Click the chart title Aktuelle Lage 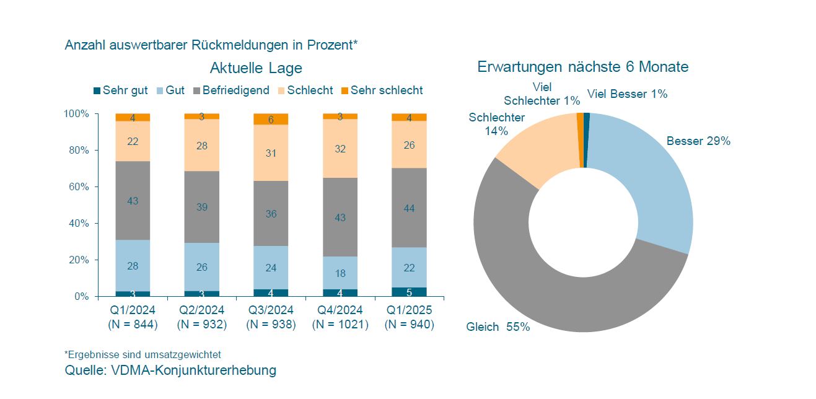pyautogui.click(x=256, y=68)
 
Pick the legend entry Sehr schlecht pyautogui.click(x=382, y=90)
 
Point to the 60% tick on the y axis pyautogui.click(x=77, y=186)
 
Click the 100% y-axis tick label pyautogui.click(x=76, y=114)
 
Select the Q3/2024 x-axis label pyautogui.click(x=271, y=310)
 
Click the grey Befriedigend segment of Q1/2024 pyautogui.click(x=133, y=201)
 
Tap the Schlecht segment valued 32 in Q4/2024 pyautogui.click(x=340, y=149)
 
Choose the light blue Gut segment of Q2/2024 pyautogui.click(x=201, y=267)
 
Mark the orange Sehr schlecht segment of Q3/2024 pyautogui.click(x=271, y=119)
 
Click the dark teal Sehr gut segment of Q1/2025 pyautogui.click(x=409, y=292)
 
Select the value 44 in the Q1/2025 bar pyautogui.click(x=409, y=208)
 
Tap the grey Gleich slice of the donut pyautogui.click(x=558, y=291)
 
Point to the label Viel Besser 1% pyautogui.click(x=627, y=94)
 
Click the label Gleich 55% pyautogui.click(x=498, y=327)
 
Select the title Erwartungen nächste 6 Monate pyautogui.click(x=582, y=67)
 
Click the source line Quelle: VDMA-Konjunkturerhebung pyautogui.click(x=170, y=370)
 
